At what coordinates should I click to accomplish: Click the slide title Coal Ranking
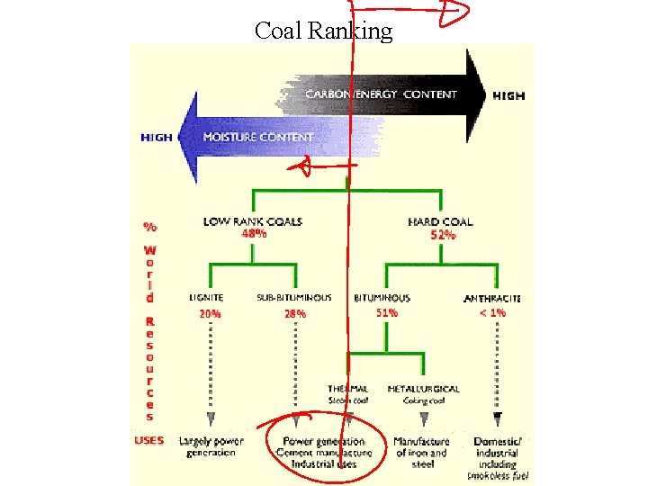point(323,31)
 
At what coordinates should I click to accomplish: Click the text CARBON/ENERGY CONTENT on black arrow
point(381,94)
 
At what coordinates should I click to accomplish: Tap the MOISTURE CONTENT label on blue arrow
point(258,138)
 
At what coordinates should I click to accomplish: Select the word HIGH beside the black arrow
point(508,95)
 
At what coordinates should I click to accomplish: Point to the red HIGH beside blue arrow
point(157,138)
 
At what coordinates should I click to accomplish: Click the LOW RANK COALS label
point(252,221)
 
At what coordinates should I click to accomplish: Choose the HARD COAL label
point(440,221)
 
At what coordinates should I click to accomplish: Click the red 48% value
point(254,234)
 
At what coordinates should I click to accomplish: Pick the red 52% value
point(443,235)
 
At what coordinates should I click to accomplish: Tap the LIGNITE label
point(207,297)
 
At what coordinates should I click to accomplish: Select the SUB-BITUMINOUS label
point(294,297)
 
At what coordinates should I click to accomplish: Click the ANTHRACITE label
point(492,298)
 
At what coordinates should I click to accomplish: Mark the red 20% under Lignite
point(210,314)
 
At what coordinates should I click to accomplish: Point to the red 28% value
point(295,314)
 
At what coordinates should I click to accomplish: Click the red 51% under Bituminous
point(387,313)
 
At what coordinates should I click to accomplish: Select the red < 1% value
point(492,313)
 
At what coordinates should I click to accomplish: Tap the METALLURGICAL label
point(423,389)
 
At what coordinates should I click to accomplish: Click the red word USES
point(148,441)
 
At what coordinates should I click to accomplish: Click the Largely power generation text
point(211,447)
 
